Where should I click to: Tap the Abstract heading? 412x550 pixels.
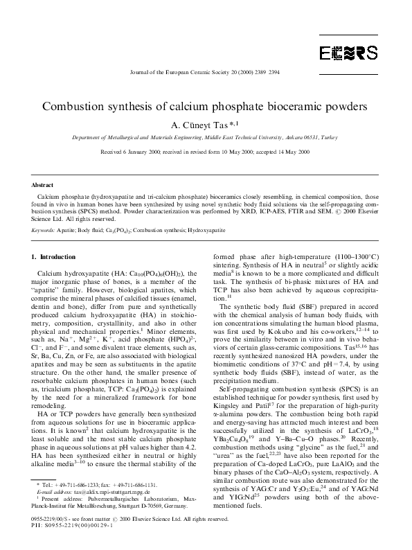click(x=43, y=186)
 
